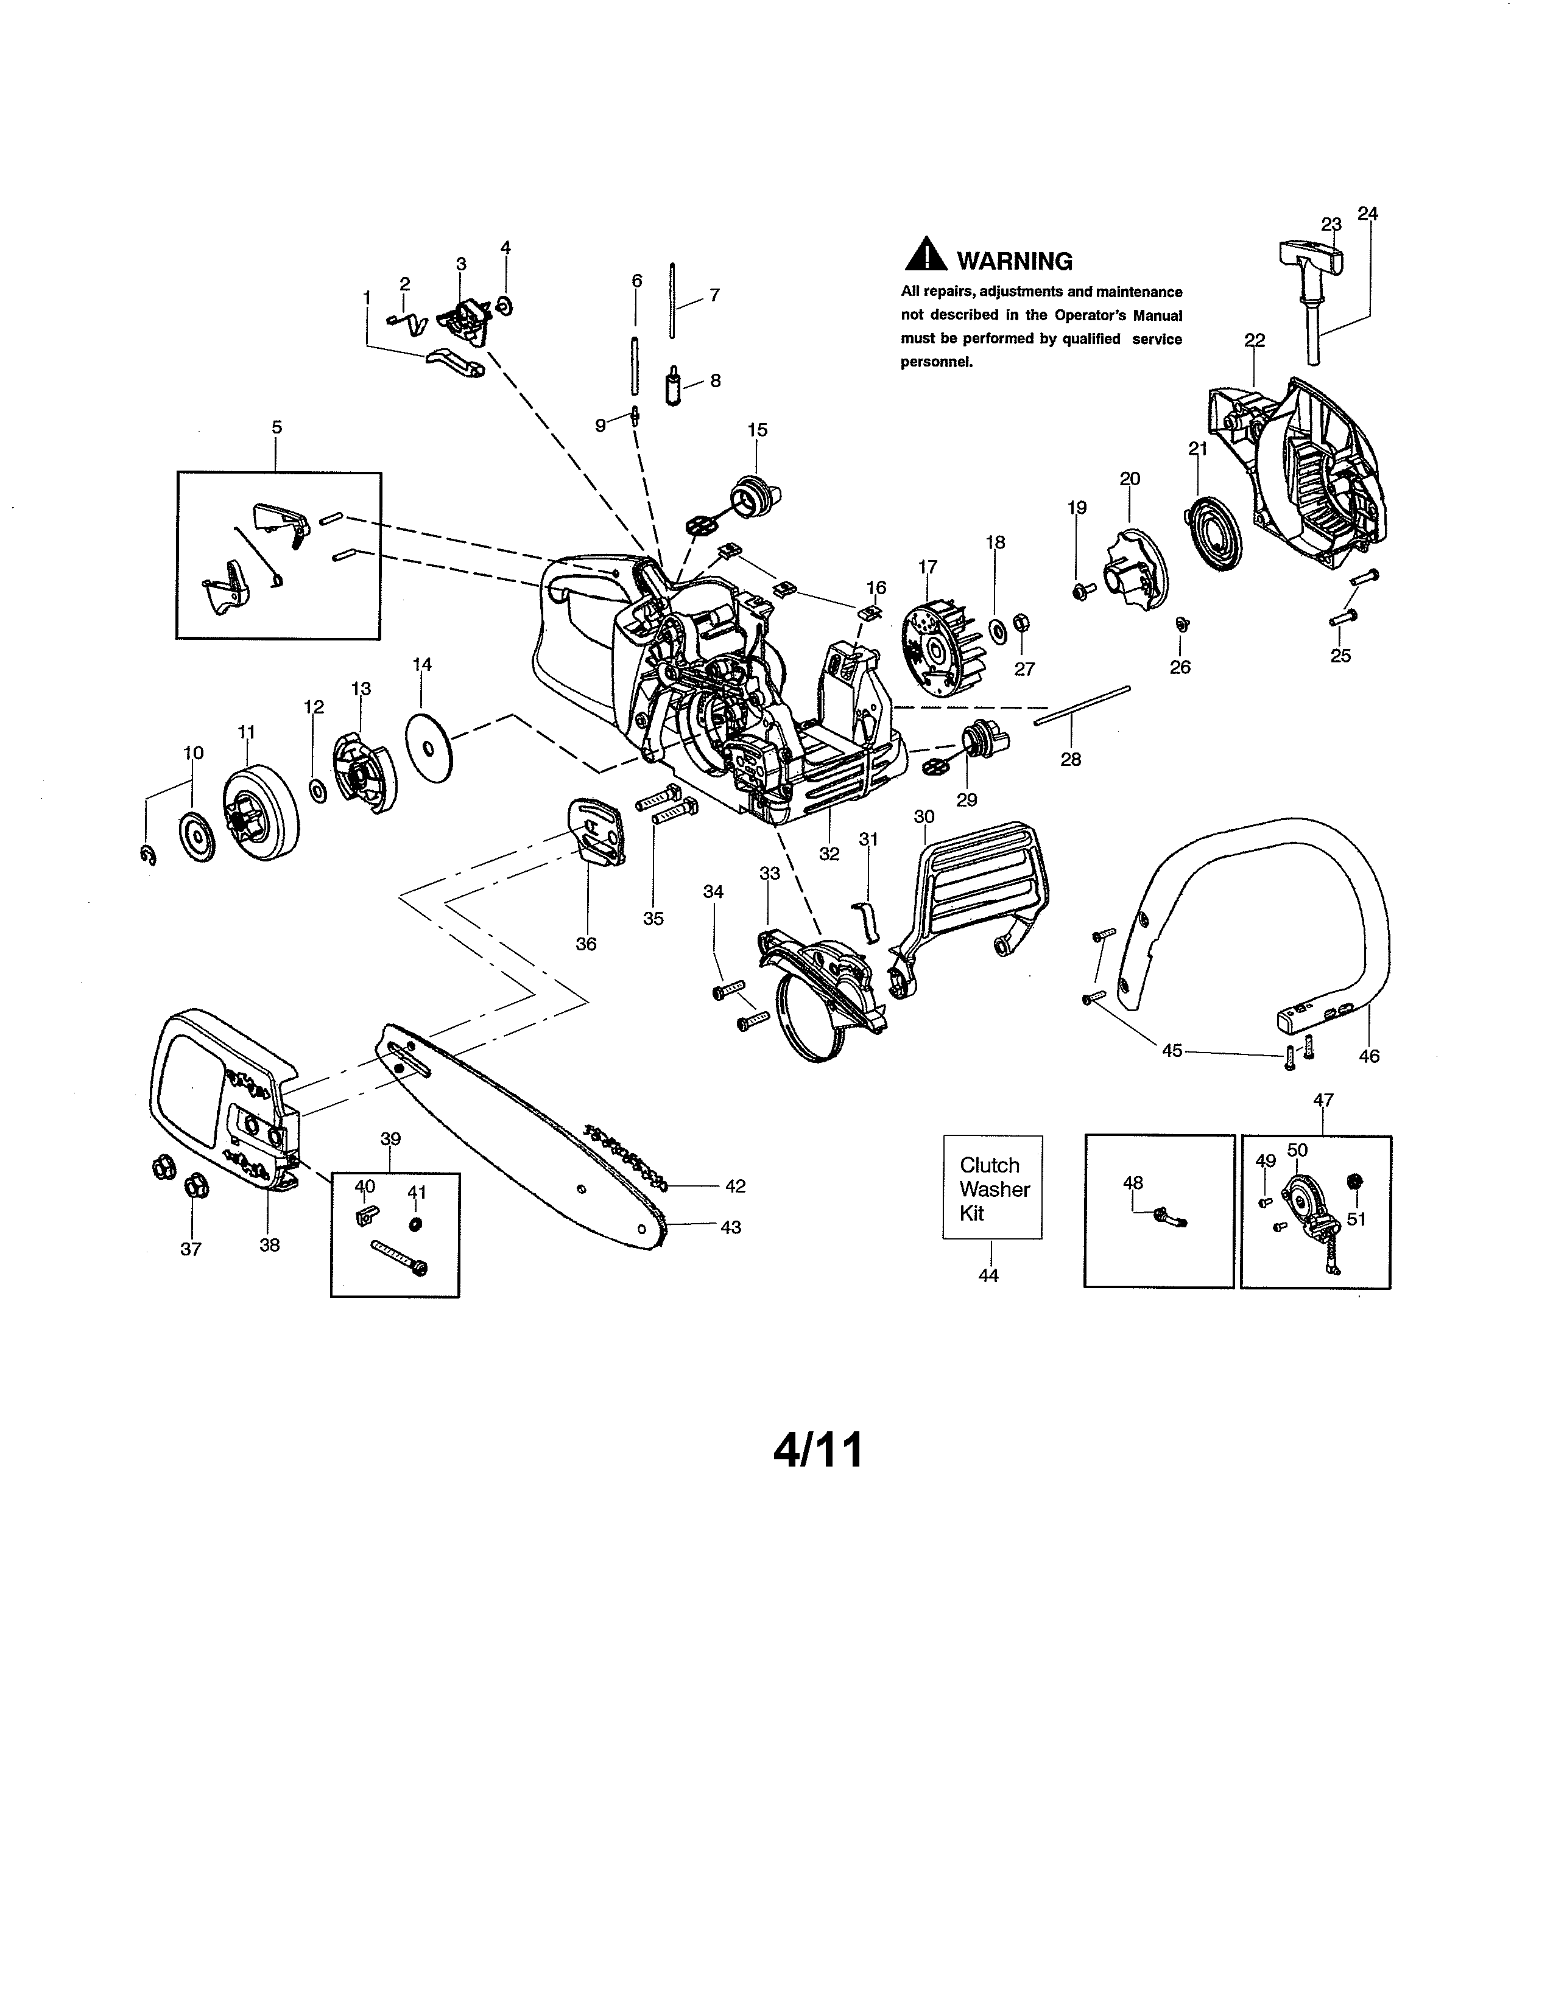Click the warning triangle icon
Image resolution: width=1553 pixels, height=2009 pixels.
tap(926, 256)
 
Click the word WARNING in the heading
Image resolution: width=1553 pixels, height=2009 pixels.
tap(1014, 261)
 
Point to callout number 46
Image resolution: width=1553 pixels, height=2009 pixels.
tap(1368, 1056)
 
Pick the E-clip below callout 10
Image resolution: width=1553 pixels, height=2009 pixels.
tap(148, 857)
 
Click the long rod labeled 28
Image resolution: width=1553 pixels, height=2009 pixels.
tap(1082, 704)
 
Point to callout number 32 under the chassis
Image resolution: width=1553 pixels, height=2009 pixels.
tap(829, 854)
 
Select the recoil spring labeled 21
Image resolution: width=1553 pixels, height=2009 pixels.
tap(1212, 533)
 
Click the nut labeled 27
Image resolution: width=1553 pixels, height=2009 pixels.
tap(1019, 625)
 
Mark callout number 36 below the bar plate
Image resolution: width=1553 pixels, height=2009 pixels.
tap(586, 943)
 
